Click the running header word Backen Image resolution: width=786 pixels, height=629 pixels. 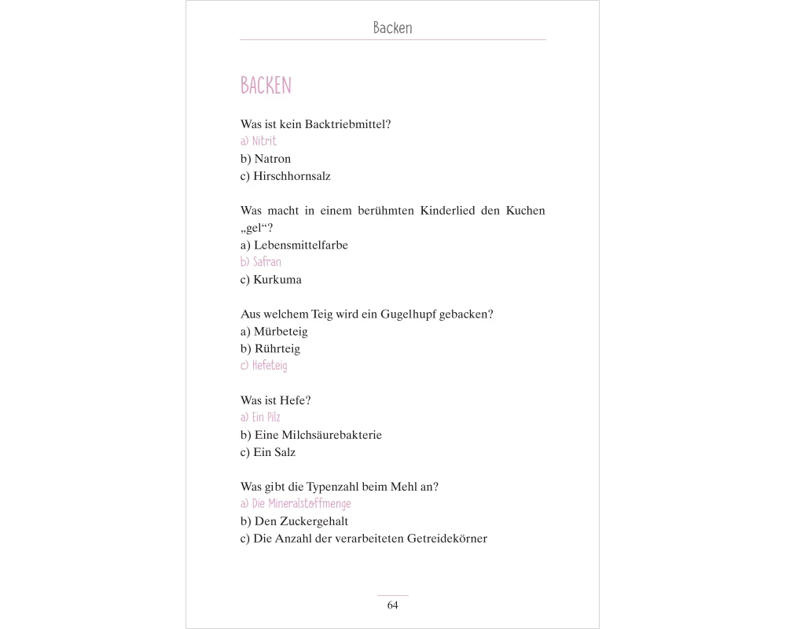pos(392,28)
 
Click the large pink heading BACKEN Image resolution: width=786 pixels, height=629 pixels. pos(266,86)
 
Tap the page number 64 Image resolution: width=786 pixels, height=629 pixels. pos(393,605)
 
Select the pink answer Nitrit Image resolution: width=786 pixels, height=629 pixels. pos(265,142)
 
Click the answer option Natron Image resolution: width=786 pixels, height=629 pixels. pos(273,159)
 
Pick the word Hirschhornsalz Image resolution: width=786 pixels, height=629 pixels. pos(292,176)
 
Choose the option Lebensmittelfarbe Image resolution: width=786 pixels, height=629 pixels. pos(301,245)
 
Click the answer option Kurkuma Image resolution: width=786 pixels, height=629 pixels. pos(277,279)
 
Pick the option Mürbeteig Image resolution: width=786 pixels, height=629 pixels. pos(281,332)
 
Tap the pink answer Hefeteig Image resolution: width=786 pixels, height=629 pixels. pos(270,366)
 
